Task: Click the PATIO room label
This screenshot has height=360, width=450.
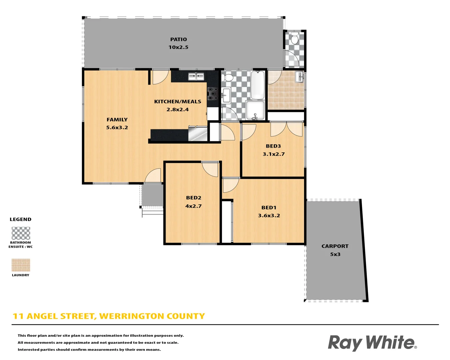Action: [x=178, y=39]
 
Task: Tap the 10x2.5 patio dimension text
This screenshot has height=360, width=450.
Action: [x=178, y=47]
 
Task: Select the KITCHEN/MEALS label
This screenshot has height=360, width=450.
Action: [x=178, y=102]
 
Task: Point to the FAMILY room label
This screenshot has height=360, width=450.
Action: [x=117, y=120]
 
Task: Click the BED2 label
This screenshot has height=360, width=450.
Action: [x=194, y=198]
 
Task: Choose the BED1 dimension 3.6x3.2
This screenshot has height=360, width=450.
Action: [x=269, y=216]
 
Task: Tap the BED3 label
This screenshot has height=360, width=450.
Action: [x=273, y=146]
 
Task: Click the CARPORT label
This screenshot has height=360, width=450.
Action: [x=335, y=246]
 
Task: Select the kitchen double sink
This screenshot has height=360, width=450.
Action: [x=196, y=77]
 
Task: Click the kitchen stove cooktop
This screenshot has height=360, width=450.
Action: [x=213, y=94]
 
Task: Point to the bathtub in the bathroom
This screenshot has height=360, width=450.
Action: [x=257, y=85]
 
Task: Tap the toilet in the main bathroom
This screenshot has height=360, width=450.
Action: [x=228, y=78]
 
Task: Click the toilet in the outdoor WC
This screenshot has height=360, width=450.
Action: [x=294, y=39]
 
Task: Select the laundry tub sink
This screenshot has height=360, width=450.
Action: [x=299, y=77]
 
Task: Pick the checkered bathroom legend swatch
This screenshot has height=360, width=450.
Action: [x=21, y=233]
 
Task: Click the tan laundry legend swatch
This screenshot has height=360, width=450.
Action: [x=21, y=265]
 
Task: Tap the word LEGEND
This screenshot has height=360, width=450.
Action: [x=21, y=219]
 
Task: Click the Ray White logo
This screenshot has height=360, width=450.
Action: [x=372, y=343]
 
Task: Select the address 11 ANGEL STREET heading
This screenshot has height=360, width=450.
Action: [x=109, y=316]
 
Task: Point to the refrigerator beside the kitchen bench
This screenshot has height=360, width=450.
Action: [x=198, y=134]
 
